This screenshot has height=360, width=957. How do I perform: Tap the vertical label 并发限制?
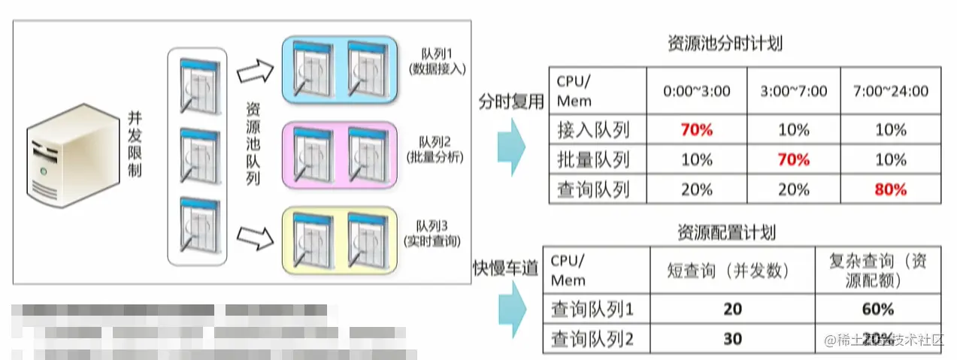pos(135,146)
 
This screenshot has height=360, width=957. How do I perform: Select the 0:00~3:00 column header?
pos(696,91)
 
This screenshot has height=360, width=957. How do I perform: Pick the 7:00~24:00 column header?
pos(891,91)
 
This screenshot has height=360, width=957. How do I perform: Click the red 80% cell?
pos(891,189)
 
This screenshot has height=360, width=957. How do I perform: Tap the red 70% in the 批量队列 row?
pos(793,159)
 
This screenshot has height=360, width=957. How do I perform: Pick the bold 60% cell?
pos(878,309)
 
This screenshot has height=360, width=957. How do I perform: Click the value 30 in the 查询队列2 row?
pos(732,339)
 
